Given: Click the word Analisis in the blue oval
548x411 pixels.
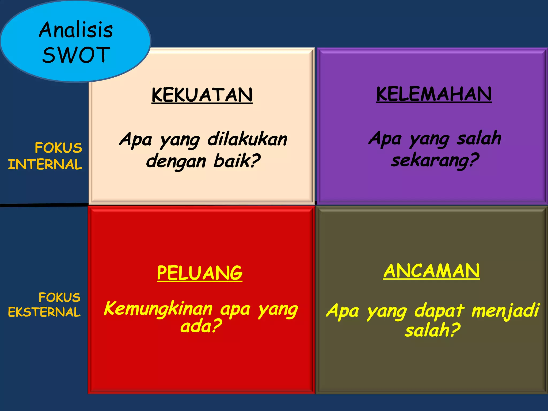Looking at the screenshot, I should point(76,30).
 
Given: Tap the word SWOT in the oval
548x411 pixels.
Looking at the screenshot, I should point(76,55).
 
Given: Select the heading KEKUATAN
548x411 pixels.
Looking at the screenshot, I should point(202,95).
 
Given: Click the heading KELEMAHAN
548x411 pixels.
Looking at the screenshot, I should point(434,94).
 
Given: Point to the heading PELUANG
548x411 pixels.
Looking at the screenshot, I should point(200,273).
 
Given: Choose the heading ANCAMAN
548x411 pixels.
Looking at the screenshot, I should point(431,271).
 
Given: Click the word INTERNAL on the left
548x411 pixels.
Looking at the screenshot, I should point(45,164).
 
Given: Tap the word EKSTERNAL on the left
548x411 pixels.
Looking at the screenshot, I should point(44,312).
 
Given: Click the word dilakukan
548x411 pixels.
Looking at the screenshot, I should point(248,139).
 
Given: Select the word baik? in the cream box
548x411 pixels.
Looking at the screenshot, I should point(237,161).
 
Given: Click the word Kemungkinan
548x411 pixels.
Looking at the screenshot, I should point(158,309).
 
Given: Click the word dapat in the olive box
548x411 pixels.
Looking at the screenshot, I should point(439,311).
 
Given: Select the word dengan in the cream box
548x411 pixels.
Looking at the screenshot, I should point(176,162).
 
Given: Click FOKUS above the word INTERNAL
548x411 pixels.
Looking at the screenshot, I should point(58,148).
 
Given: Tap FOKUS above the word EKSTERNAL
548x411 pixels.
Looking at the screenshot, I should point(59,297).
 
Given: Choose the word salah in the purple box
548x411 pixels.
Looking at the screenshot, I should point(479,138).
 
